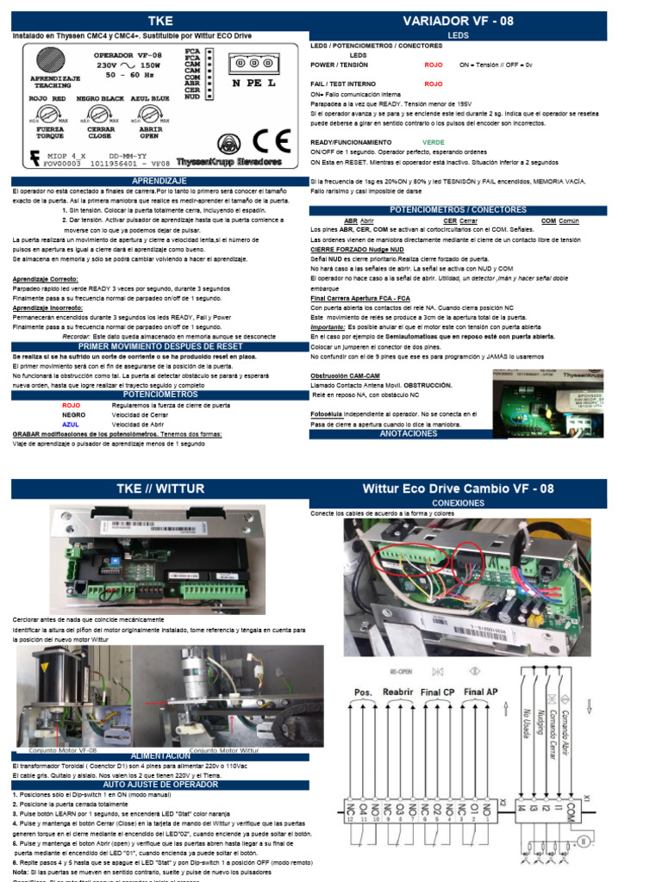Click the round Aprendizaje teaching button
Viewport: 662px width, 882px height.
[53, 63]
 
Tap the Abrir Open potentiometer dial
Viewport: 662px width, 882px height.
[149, 116]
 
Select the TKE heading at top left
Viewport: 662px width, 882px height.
[161, 21]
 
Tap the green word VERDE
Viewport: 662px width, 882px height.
[434, 141]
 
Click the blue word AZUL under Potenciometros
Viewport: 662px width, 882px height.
[71, 425]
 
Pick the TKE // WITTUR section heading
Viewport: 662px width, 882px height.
[161, 488]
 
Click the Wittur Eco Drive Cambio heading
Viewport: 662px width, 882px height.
[458, 488]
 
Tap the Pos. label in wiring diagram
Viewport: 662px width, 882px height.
[363, 692]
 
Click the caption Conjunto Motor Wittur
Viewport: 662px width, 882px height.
[226, 749]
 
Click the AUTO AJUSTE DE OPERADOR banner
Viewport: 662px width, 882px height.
[161, 785]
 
